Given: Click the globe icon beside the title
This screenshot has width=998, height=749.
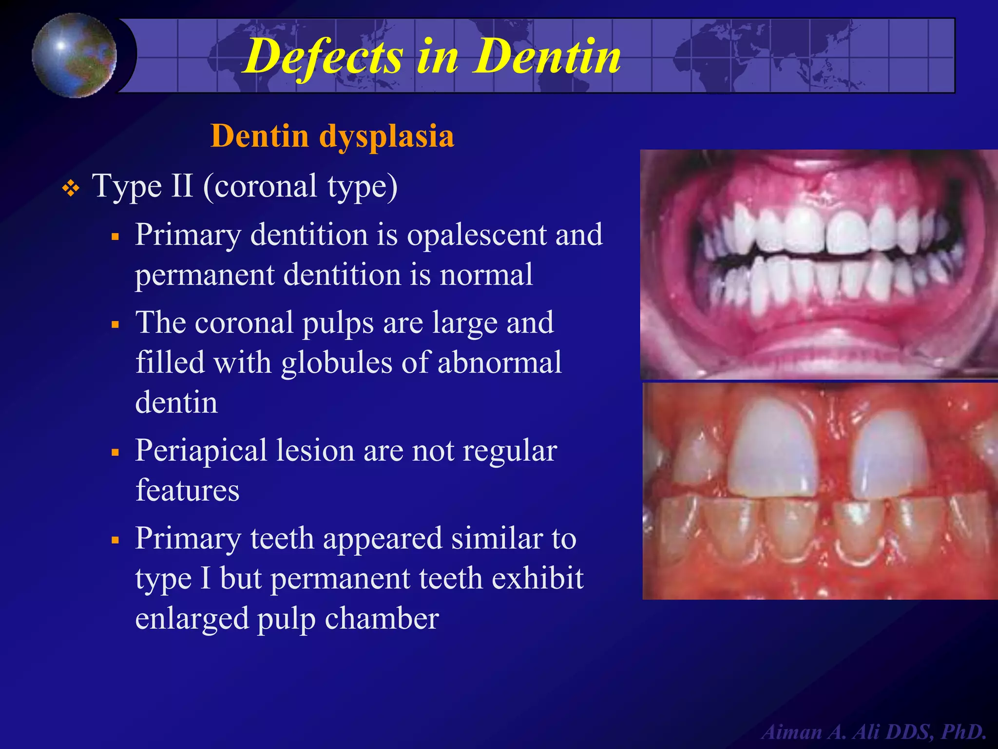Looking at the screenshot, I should click(75, 55).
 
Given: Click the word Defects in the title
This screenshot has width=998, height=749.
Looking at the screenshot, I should click(325, 57).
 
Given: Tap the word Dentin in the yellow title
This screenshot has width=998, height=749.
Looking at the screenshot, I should click(548, 57).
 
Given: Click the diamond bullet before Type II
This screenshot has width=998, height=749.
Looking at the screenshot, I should click(71, 189).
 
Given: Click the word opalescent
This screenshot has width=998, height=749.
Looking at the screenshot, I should click(477, 235).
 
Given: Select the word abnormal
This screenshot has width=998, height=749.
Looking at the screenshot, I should click(500, 363).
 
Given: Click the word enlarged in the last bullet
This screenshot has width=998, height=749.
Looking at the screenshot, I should click(192, 618).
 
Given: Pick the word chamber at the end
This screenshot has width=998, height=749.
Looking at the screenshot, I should click(382, 618).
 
